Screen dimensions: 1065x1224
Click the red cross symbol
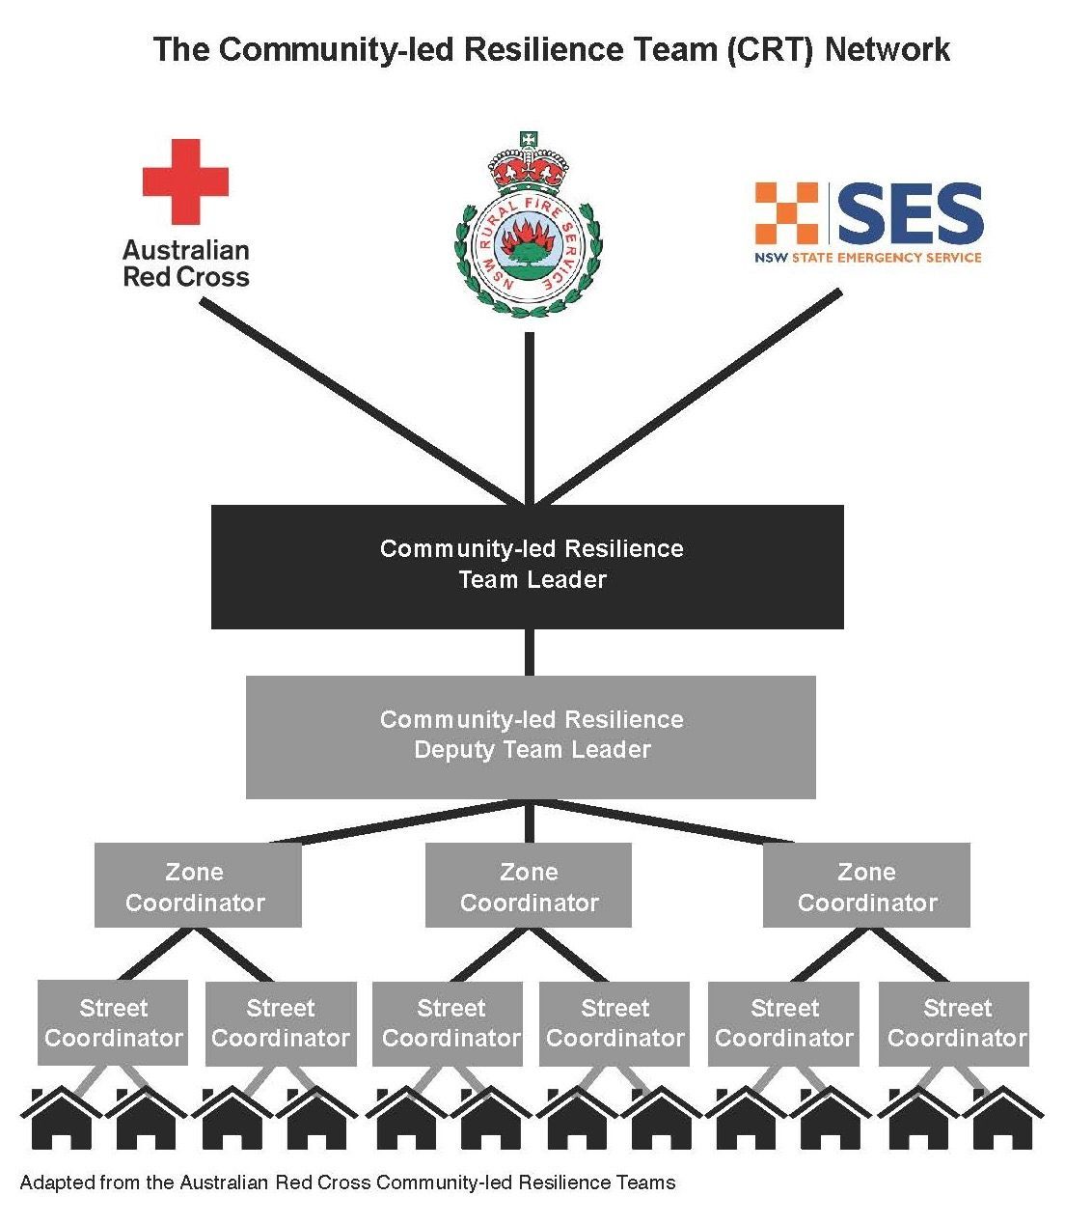tap(185, 181)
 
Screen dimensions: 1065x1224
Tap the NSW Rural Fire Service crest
tap(529, 224)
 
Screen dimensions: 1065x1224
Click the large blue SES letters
tap(911, 213)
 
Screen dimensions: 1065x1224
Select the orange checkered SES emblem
tap(786, 213)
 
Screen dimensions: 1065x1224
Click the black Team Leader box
tap(527, 567)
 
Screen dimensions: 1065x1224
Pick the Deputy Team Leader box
tap(531, 737)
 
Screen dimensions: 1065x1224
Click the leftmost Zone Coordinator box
tap(198, 885)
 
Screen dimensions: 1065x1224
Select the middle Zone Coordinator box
tap(529, 885)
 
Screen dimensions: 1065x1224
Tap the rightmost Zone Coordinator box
tap(866, 885)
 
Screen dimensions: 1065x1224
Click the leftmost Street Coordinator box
tap(113, 1023)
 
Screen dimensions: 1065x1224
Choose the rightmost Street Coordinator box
tap(954, 1023)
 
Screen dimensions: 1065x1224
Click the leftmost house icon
tap(61, 1118)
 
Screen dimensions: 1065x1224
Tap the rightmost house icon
tap(1002, 1118)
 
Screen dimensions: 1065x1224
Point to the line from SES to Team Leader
tap(687, 398)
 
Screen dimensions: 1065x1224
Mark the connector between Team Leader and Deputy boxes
tap(529, 653)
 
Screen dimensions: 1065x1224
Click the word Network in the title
tap(887, 49)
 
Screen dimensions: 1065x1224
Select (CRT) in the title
tap(771, 49)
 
